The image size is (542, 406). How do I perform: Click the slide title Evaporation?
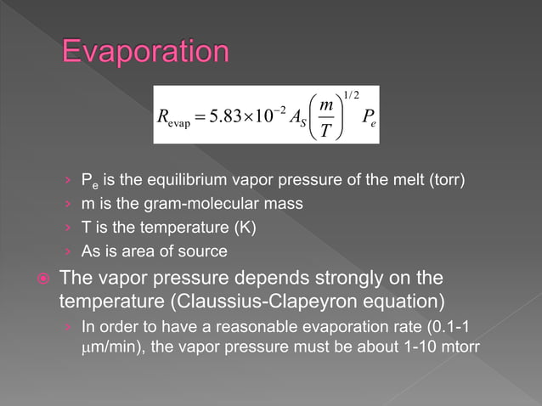(144, 52)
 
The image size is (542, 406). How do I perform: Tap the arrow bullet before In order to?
(68, 326)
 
